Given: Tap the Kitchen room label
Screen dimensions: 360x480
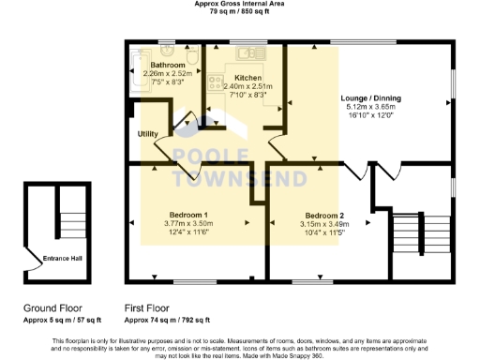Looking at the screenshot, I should click(248, 77).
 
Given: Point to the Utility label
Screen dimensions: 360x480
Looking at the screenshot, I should click(147, 135).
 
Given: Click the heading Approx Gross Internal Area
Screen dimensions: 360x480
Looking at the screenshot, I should click(239, 5).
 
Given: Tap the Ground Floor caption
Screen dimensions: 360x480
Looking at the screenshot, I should click(52, 307).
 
